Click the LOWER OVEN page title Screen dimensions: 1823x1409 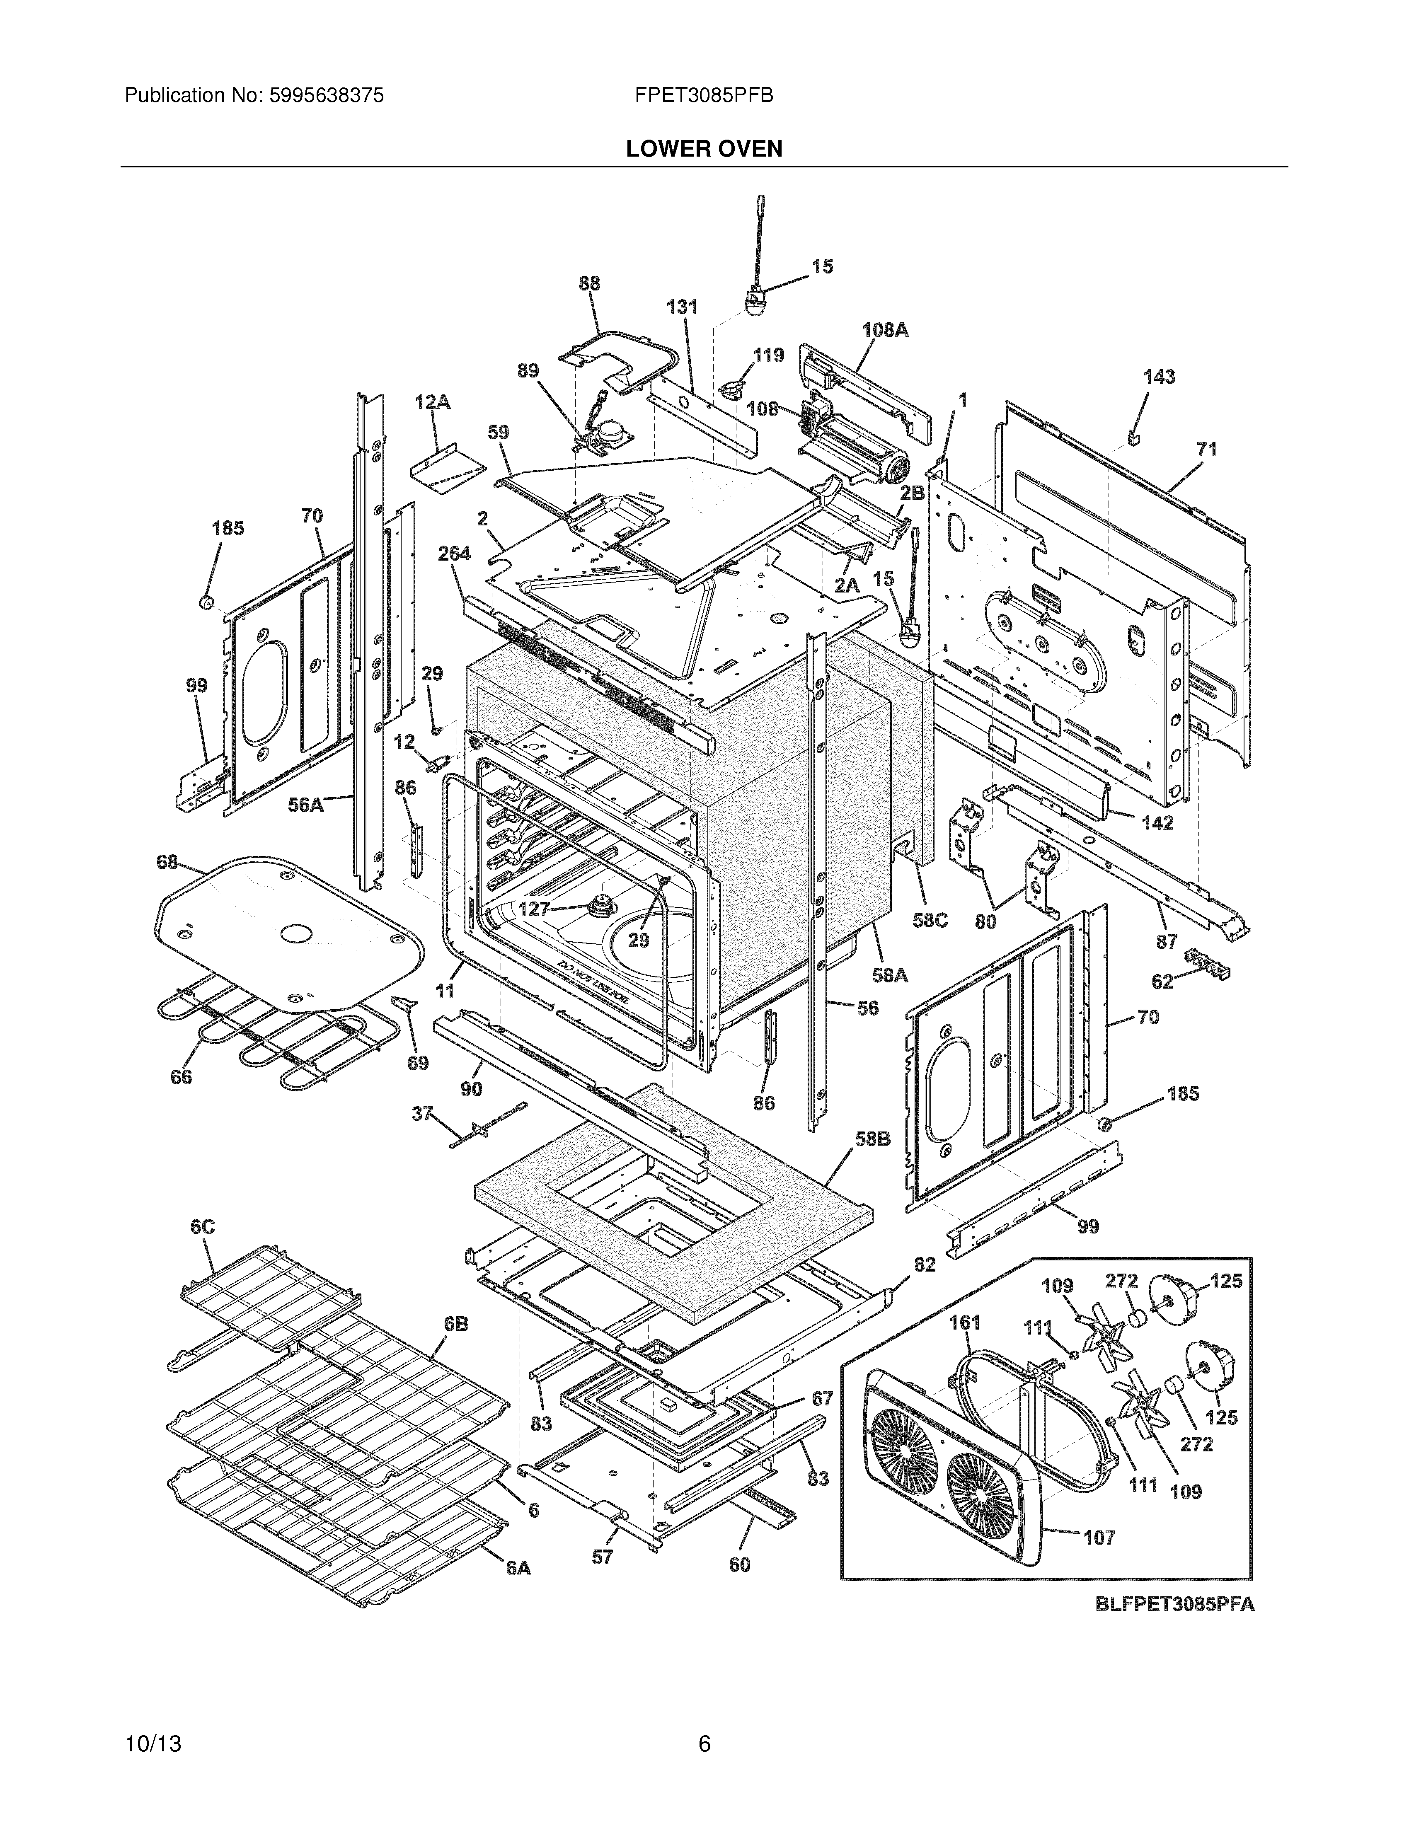704,149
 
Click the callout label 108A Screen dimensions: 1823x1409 885,330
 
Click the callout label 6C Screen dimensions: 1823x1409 202,1226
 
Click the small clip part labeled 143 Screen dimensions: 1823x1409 1133,437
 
